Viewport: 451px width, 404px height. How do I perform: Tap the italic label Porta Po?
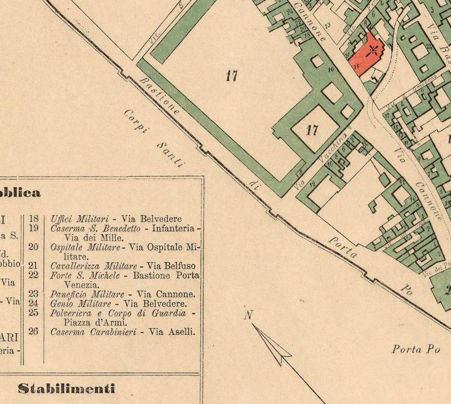(x=415, y=349)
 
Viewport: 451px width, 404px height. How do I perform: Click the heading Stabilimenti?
(x=67, y=388)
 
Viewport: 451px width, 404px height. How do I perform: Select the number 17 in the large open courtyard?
(x=231, y=76)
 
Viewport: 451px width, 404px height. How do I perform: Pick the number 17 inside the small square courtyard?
(x=311, y=131)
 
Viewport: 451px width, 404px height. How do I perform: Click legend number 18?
(x=33, y=218)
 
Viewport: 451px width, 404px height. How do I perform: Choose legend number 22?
(x=33, y=275)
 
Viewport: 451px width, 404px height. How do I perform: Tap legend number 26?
(x=33, y=332)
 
